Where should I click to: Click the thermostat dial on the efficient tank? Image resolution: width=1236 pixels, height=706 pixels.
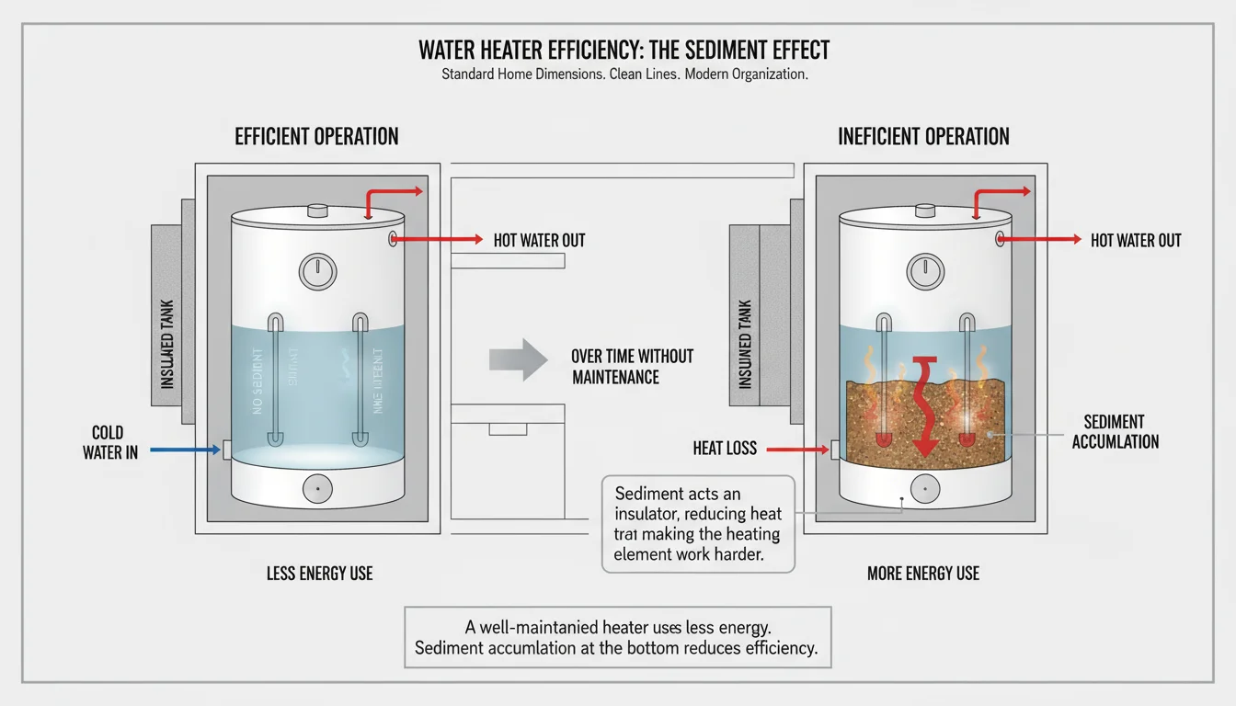(317, 271)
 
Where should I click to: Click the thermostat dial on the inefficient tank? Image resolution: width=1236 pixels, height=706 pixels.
(925, 271)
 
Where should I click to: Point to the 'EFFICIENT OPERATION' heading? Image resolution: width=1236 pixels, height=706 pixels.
(316, 137)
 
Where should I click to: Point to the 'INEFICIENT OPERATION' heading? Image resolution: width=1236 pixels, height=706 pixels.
(923, 137)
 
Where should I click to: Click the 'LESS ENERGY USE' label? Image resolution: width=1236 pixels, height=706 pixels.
(319, 574)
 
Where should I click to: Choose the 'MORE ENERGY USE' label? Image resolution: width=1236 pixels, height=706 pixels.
(923, 574)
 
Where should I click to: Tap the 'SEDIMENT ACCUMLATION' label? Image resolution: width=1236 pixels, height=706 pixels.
(1115, 431)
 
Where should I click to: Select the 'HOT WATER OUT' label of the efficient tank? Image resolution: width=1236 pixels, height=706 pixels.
(539, 241)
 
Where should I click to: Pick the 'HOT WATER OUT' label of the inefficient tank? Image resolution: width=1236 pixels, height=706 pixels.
(1136, 241)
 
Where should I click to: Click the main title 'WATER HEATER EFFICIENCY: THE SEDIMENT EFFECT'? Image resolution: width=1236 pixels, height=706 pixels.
(624, 50)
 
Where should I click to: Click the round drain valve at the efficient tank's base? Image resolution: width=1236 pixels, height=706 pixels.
(317, 488)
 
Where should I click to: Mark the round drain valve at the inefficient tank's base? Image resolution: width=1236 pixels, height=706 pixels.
(924, 487)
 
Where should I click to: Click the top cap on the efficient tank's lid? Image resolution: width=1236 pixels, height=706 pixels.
(317, 210)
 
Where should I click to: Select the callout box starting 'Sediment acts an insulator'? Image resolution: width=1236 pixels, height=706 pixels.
(698, 524)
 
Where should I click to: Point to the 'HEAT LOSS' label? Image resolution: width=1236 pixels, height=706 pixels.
(725, 449)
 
